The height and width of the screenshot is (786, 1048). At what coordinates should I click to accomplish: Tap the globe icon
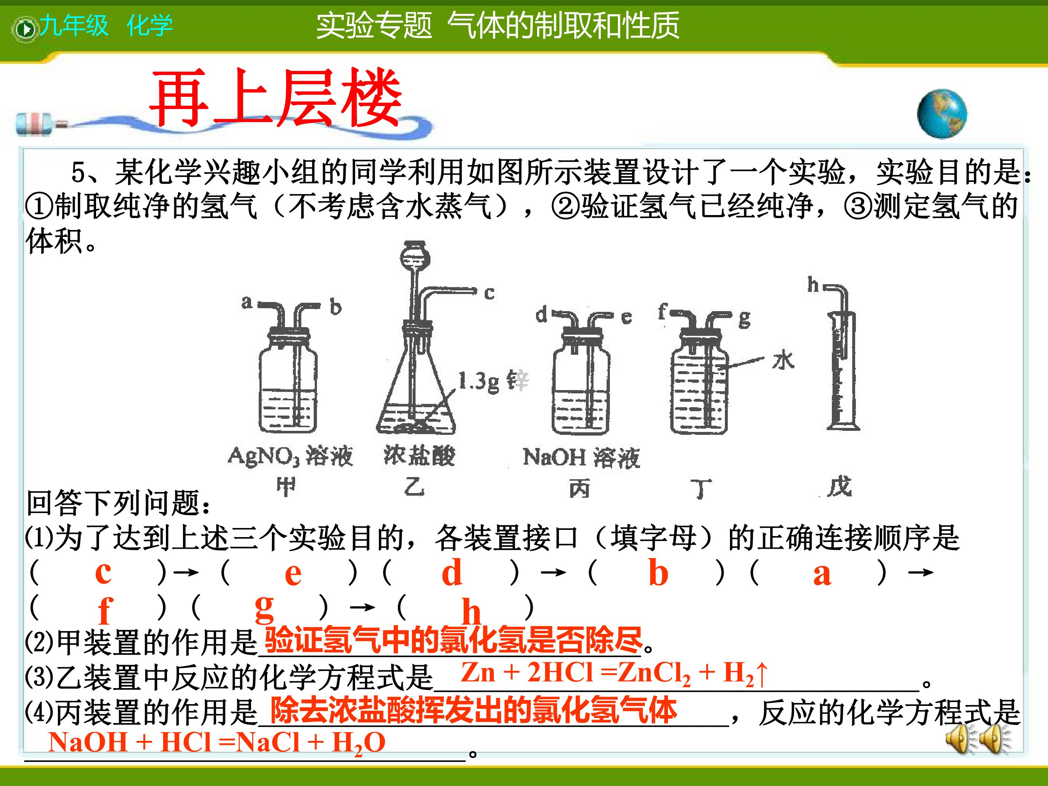(942, 114)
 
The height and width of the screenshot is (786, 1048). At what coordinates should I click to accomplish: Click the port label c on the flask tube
(489, 293)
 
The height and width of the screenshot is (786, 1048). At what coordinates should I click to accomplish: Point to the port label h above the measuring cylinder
(813, 284)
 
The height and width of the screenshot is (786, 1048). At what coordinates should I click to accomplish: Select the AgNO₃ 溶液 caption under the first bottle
(290, 456)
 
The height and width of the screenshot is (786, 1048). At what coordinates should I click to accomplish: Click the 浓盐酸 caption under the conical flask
(419, 455)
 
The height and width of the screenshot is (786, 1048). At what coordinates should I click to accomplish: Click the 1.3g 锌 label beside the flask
(493, 381)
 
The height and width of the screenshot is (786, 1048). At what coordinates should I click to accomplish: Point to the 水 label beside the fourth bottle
(783, 361)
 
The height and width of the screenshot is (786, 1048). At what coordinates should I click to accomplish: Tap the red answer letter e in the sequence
(293, 574)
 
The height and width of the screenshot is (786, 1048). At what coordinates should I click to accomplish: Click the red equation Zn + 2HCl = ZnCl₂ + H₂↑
(614, 673)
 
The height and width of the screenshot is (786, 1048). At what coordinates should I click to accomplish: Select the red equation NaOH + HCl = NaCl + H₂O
(217, 742)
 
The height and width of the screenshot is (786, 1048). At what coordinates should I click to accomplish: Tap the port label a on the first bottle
(247, 302)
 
